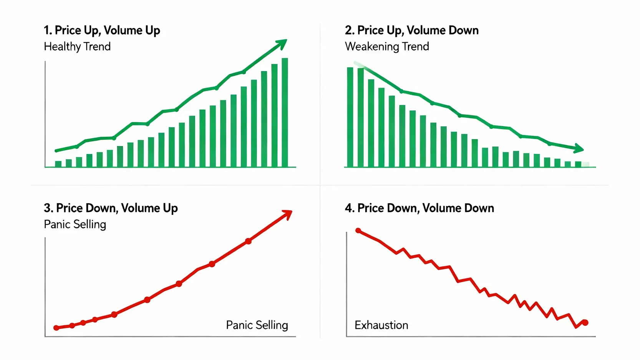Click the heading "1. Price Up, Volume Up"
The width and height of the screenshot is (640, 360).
pos(102,30)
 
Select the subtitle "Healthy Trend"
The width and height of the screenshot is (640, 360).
pos(77,46)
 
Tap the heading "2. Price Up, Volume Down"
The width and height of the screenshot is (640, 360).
pos(411,30)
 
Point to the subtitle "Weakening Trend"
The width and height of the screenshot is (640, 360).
pos(387,46)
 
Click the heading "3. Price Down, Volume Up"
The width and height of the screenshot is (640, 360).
pos(111,208)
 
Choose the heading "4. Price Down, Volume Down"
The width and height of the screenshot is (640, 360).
pos(419,208)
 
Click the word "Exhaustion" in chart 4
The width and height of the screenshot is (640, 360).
pos(381,325)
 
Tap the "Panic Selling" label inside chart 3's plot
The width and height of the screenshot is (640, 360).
pos(257,325)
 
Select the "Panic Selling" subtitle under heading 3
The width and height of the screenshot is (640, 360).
pos(75,224)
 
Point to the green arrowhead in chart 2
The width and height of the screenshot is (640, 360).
pos(579,148)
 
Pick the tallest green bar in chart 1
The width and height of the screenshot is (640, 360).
pos(285,112)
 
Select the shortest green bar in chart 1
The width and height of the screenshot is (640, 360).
pos(58,164)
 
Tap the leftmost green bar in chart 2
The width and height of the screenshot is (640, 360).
pos(350,117)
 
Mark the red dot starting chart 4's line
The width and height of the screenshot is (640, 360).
pos(358,231)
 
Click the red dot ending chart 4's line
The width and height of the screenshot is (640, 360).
pos(585,322)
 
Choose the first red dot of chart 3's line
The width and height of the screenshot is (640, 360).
pos(56,328)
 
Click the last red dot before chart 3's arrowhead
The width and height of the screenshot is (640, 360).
pos(248,241)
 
